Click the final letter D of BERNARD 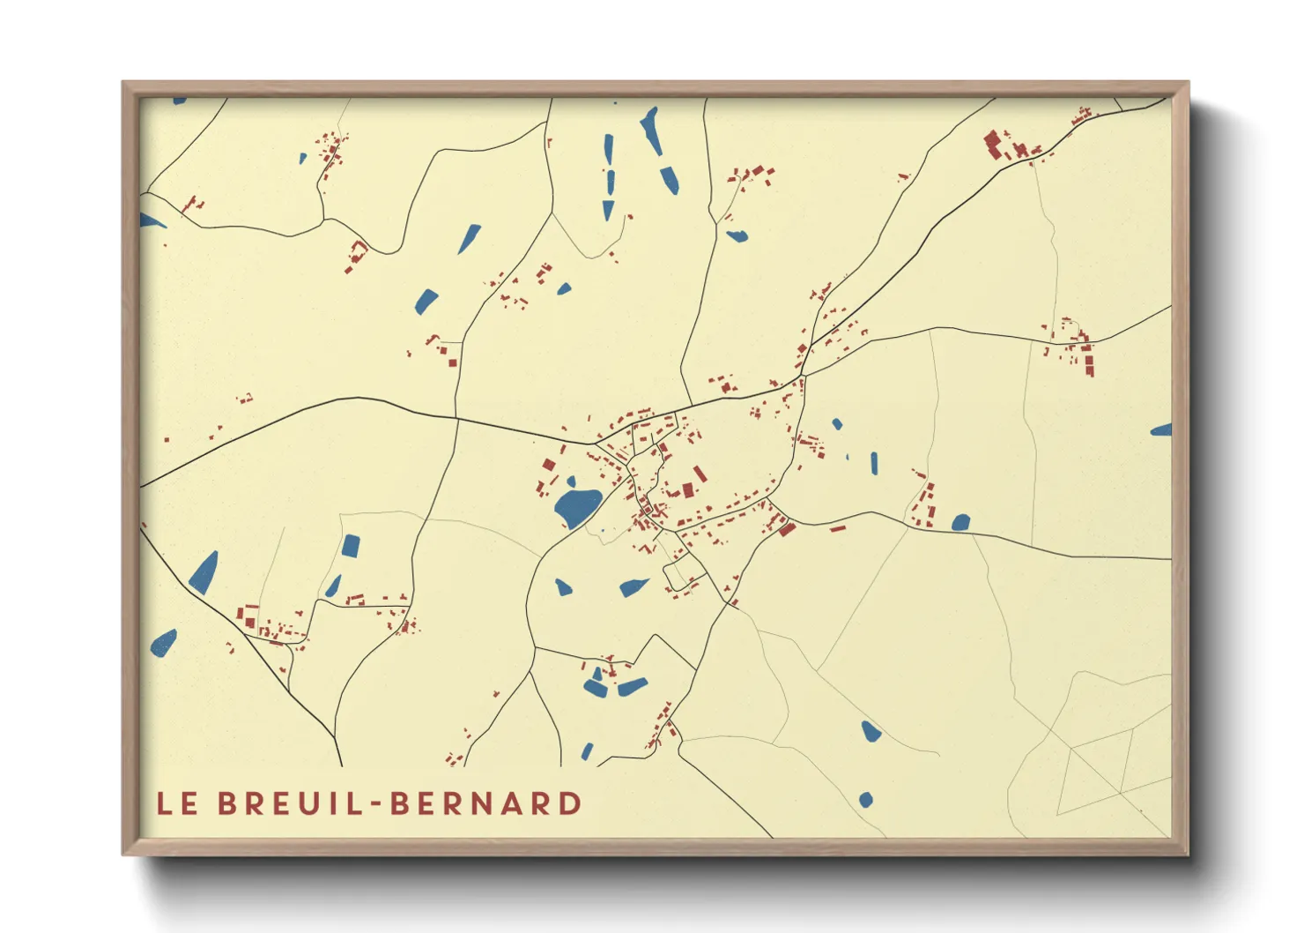570,803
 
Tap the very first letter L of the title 164,803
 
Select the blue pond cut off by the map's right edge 1162,430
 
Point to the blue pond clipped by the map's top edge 180,101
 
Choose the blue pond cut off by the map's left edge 150,220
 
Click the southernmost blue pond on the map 865,800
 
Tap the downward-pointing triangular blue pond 608,210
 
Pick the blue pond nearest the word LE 164,643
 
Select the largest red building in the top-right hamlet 993,144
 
